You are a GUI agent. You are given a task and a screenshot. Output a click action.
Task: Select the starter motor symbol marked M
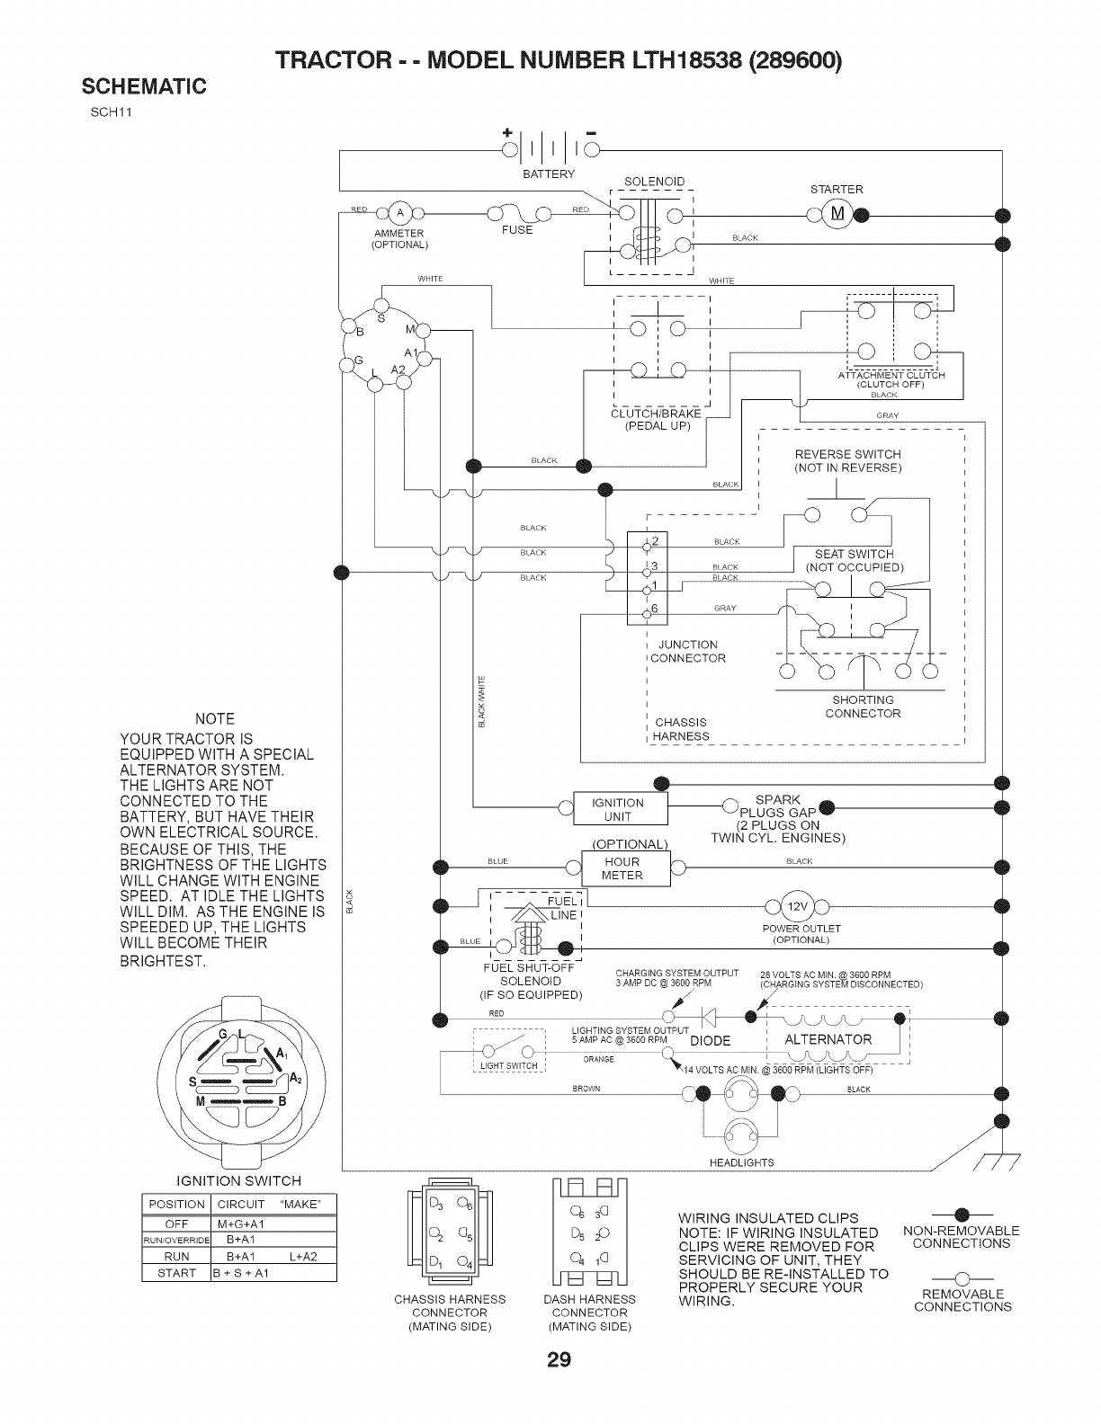[837, 214]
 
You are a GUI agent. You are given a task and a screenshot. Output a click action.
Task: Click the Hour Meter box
[622, 868]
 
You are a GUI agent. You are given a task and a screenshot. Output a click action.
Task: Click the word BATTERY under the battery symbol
[548, 173]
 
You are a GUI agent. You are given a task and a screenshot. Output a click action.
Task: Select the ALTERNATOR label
[828, 1039]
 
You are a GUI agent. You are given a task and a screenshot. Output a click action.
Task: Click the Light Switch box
[509, 1057]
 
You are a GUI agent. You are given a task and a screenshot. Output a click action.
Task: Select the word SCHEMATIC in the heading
[145, 86]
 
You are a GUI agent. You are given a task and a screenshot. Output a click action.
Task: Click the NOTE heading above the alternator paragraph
[215, 718]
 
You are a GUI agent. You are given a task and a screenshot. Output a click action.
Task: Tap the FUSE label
[517, 230]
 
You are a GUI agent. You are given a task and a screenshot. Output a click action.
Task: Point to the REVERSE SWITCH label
[847, 454]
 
